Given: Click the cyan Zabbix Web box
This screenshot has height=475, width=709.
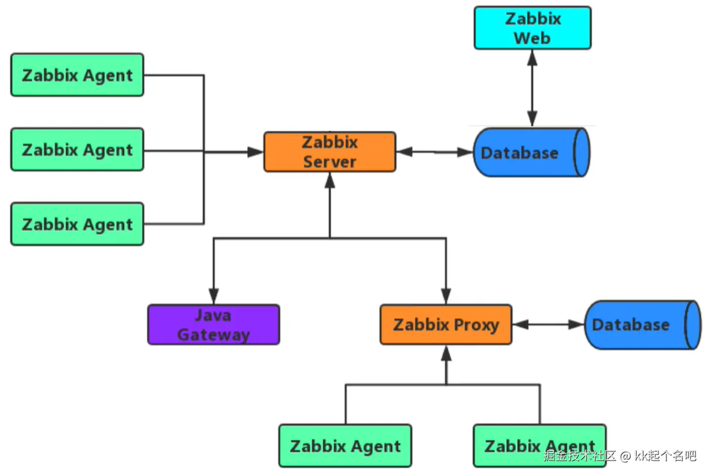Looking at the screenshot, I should pos(532,28).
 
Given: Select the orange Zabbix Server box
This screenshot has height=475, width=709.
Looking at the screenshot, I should pos(330,152).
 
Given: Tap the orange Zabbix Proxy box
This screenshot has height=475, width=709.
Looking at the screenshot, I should pos(445,324).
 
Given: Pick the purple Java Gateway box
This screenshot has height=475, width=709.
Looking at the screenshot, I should pos(214,324).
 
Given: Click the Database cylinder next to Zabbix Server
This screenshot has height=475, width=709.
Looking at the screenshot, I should pos(531,152).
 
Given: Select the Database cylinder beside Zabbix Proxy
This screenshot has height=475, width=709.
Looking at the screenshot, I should pos(642,325).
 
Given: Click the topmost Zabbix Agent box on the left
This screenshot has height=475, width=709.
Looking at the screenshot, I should pos(77,75).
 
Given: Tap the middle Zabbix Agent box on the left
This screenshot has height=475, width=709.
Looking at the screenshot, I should pos(77,150).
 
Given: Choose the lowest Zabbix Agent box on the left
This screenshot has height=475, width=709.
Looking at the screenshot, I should pos(77,224).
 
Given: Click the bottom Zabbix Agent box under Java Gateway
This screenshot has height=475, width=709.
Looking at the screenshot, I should pos(345,446).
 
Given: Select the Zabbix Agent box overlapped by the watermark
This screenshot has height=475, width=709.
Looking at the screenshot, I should pos(539,446).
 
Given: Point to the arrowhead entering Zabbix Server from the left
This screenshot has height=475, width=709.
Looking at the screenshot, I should pos(256,152).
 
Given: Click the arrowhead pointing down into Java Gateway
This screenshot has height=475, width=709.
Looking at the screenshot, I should pos(214,296).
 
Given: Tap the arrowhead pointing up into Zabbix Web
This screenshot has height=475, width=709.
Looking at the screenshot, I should pos(532,58).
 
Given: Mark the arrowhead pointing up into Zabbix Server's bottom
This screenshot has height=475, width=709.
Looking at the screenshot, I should pos(330,181).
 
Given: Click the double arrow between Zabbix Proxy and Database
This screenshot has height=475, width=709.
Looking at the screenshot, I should pos(548,324).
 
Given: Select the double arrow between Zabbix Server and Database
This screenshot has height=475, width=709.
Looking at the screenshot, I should pos(434,152).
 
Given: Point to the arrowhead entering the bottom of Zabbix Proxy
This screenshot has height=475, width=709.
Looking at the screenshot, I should pos(446,353).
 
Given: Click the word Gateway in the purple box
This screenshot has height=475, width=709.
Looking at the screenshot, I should pos(214,335).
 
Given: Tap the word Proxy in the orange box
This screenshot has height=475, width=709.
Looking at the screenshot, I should pos(476,325).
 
